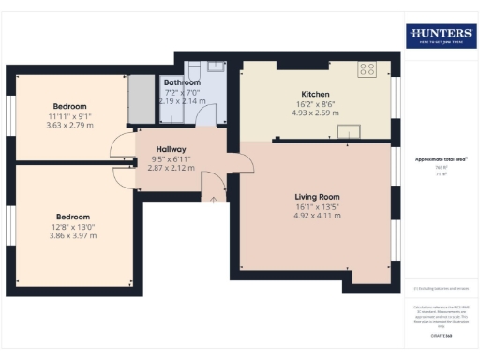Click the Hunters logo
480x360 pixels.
(441, 36)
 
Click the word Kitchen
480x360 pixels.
(315, 94)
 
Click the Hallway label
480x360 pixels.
(171, 149)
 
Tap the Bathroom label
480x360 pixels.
(182, 82)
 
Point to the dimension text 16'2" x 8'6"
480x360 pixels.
(315, 103)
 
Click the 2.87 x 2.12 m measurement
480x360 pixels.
(171, 168)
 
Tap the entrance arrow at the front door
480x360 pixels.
(215, 198)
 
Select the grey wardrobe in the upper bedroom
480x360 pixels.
(141, 98)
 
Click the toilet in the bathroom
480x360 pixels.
(193, 71)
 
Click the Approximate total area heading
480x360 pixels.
(441, 159)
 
